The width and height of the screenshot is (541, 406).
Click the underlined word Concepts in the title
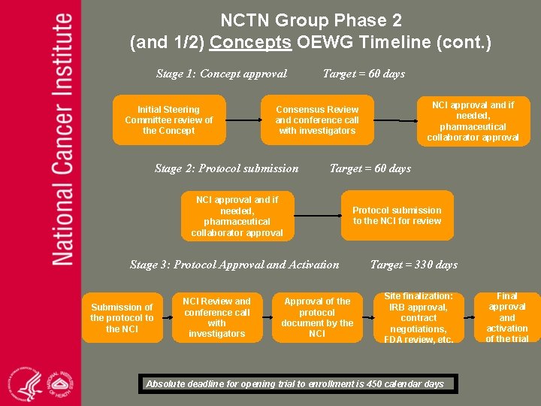tap(250, 42)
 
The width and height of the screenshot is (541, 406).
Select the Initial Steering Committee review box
tap(168, 120)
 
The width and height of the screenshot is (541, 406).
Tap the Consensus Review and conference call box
tap(317, 120)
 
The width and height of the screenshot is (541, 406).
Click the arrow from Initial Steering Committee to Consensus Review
tap(242, 120)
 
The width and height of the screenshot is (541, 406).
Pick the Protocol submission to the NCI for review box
tap(397, 216)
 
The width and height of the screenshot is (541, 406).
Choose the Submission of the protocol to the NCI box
tap(122, 317)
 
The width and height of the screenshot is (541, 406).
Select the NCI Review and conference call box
tap(216, 317)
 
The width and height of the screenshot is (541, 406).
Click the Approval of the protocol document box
tap(317, 317)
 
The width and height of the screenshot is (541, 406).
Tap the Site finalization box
tap(419, 317)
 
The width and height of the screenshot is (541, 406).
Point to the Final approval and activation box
tap(507, 317)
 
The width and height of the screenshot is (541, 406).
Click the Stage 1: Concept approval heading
tap(221, 74)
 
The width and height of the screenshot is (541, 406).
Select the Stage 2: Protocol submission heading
tap(226, 168)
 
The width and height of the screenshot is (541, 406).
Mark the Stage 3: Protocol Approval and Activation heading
tap(234, 265)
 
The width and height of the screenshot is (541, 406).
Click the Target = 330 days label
tap(414, 265)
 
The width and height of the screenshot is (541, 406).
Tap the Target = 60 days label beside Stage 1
tap(364, 74)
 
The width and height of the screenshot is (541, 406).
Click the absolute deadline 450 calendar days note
tap(295, 384)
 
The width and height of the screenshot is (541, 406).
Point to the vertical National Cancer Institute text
tap(63, 139)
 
